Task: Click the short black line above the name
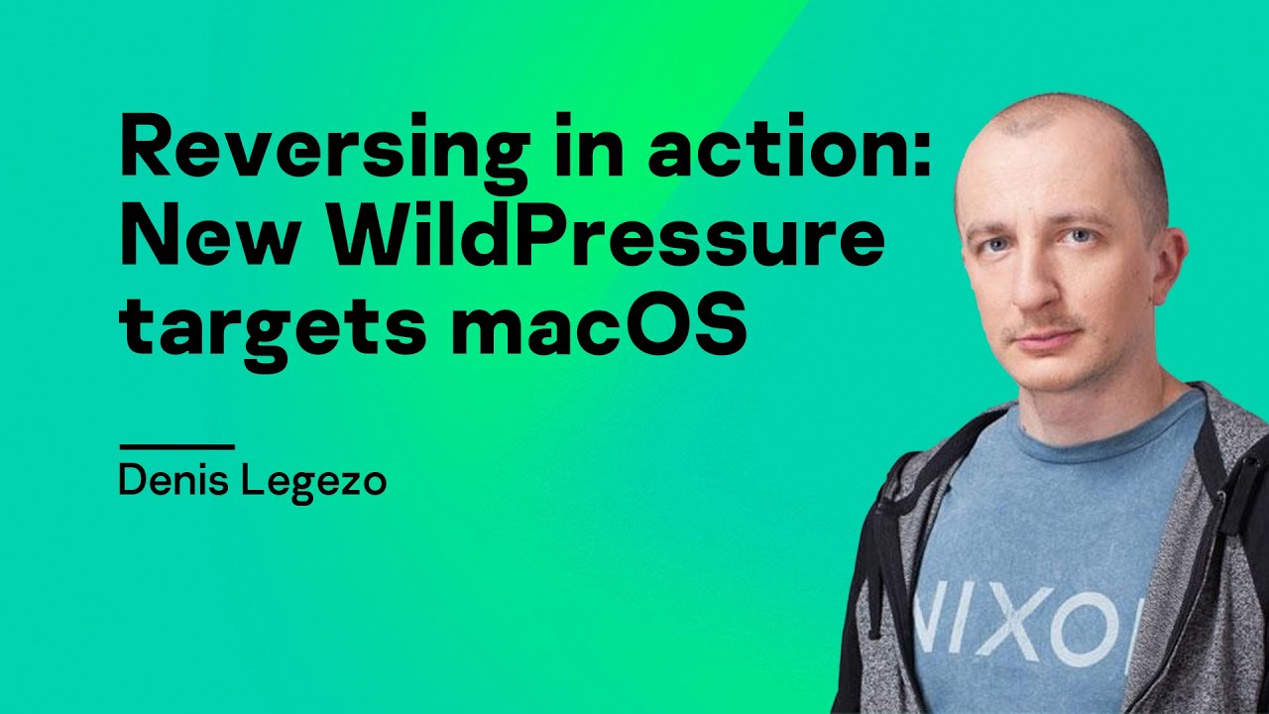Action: (175, 447)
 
